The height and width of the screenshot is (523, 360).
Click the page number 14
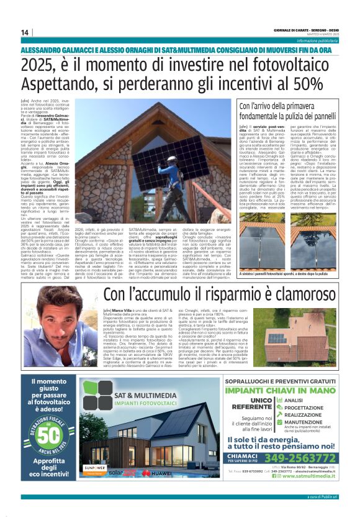pos(24,32)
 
